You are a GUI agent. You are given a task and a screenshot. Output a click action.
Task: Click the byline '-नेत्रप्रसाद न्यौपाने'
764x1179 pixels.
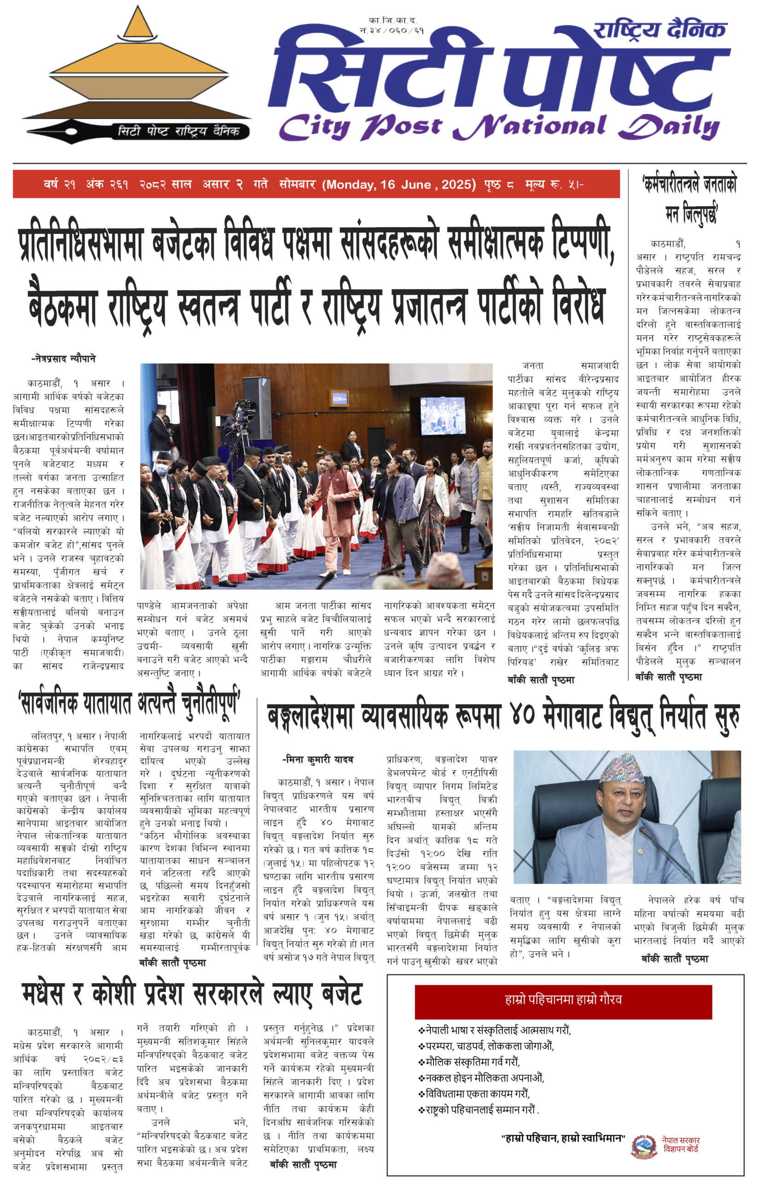click(64, 359)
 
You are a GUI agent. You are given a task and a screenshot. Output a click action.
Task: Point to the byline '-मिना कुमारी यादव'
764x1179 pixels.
click(318, 759)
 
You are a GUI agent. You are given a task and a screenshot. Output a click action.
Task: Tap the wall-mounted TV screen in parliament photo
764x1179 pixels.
click(443, 414)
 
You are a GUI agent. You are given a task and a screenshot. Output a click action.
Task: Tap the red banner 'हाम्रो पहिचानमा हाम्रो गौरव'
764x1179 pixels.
click(563, 1000)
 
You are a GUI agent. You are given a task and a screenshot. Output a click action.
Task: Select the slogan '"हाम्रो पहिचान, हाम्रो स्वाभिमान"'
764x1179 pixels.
click(563, 1138)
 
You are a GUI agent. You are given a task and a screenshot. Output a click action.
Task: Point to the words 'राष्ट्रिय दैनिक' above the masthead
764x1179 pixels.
click(659, 30)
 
